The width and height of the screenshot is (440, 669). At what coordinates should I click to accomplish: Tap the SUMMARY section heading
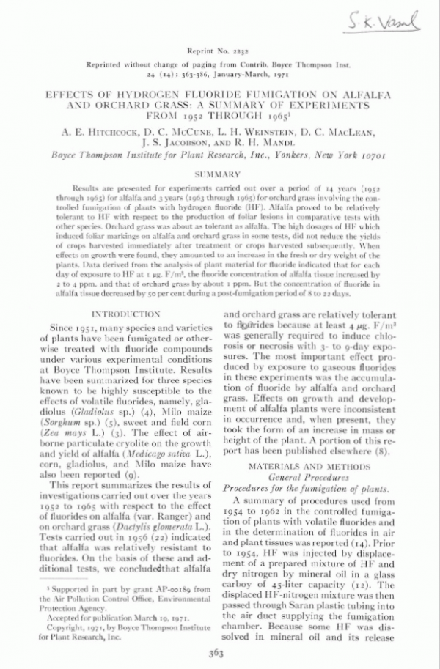click(x=220, y=174)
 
